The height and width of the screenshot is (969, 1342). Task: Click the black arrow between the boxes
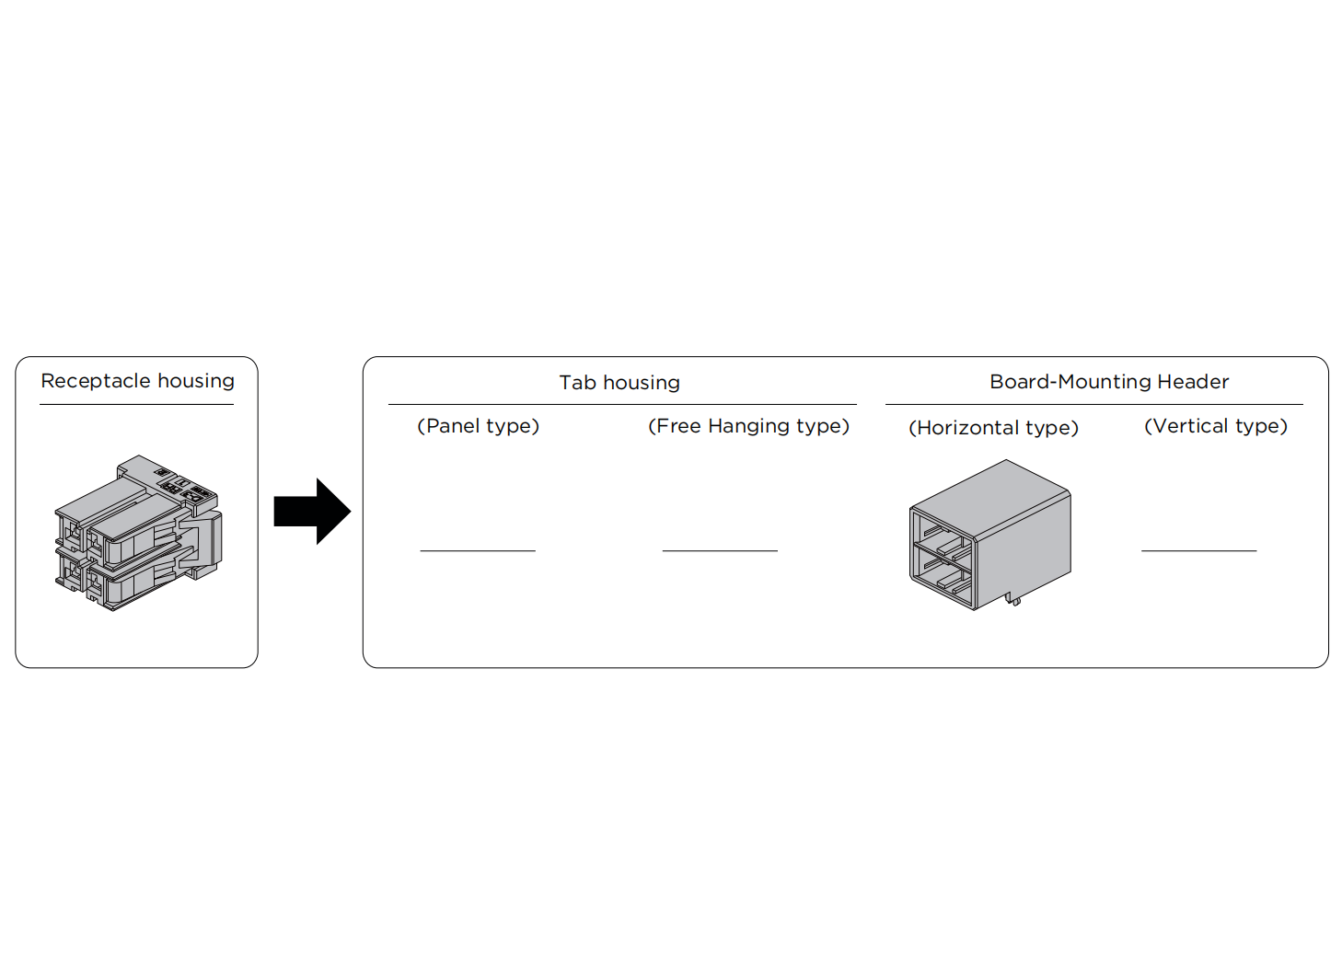pyautogui.click(x=312, y=512)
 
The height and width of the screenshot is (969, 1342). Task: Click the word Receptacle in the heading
pyautogui.click(x=96, y=382)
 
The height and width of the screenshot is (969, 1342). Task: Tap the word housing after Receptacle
pyautogui.click(x=196, y=382)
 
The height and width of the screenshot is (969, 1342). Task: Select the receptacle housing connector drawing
pyautogui.click(x=138, y=533)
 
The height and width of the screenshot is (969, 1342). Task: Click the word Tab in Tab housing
pyautogui.click(x=577, y=383)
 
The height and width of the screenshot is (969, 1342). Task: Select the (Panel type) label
pyautogui.click(x=478, y=426)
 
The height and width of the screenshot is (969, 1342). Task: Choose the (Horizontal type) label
pyautogui.click(x=993, y=428)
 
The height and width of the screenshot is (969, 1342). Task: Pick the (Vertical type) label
pyautogui.click(x=1216, y=426)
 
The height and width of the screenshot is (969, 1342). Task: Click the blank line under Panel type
pyautogui.click(x=478, y=551)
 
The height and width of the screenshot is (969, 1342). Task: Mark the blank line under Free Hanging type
pyautogui.click(x=720, y=551)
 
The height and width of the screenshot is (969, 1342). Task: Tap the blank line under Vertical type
pyautogui.click(x=1198, y=551)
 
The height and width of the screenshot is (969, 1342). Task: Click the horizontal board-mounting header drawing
pyautogui.click(x=989, y=535)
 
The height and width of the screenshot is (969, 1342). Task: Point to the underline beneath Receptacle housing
pyautogui.click(x=136, y=405)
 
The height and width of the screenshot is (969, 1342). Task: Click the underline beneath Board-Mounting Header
pyautogui.click(x=1094, y=405)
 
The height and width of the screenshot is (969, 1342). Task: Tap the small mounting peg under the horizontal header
pyautogui.click(x=1013, y=599)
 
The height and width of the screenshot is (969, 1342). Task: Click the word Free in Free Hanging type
pyautogui.click(x=678, y=426)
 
